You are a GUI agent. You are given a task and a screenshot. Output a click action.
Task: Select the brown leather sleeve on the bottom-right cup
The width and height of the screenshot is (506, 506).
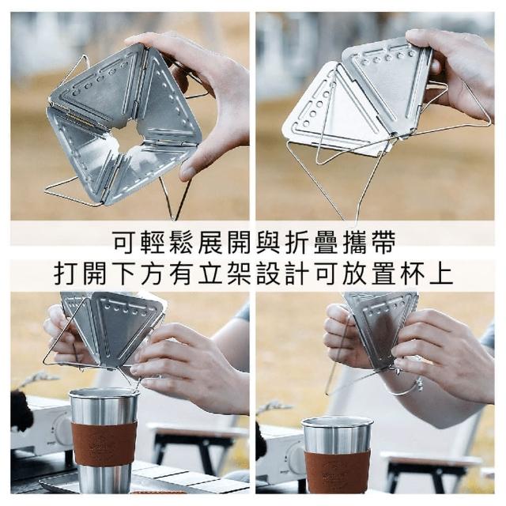click(338, 470)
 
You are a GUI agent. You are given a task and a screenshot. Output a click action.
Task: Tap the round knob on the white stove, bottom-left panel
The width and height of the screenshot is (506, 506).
click(64, 430)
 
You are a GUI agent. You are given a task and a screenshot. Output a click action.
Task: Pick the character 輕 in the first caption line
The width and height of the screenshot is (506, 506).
click(153, 242)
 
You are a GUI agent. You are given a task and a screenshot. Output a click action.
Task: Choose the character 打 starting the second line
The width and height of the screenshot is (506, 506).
click(66, 274)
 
